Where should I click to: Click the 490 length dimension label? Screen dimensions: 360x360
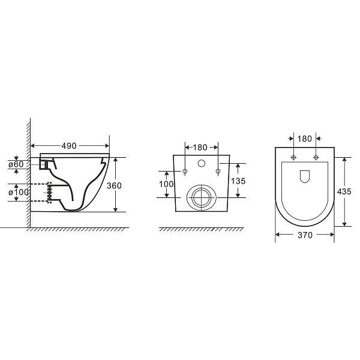70,145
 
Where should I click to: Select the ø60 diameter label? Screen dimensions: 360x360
16,164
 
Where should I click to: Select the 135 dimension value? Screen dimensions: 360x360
239,181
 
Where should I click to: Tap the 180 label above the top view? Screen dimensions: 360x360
304,139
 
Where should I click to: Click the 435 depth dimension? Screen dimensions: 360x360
344,191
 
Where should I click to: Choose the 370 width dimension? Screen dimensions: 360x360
305,235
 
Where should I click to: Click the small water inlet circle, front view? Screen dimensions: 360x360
201,163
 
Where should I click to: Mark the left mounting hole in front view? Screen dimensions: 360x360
185,172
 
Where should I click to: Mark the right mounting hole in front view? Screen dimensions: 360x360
216,172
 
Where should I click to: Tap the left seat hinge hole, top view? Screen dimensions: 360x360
293,158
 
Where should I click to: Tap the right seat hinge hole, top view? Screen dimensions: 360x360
315,158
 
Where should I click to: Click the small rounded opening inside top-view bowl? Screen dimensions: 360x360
304,176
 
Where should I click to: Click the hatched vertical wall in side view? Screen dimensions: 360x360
28,174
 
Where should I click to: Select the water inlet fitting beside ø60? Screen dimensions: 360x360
43,164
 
